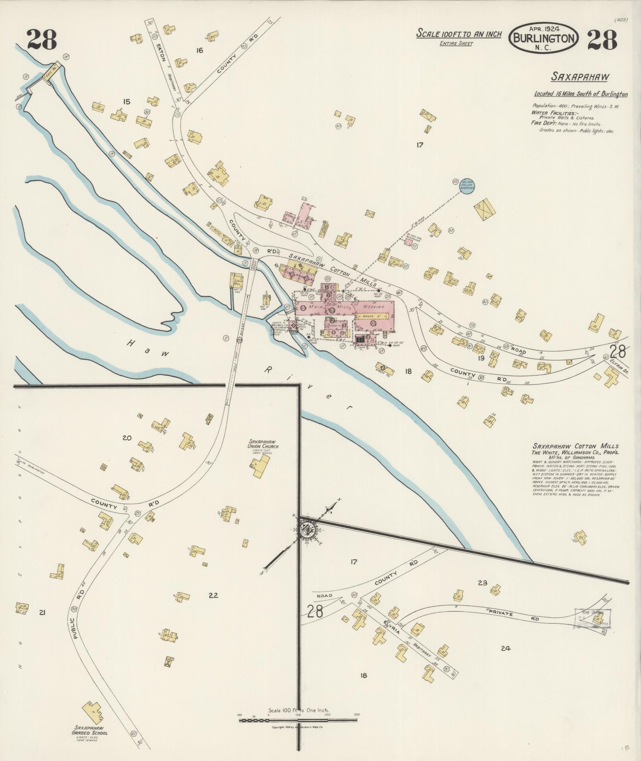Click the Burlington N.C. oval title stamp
click(x=544, y=37)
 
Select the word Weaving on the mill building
click(x=373, y=307)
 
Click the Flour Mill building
click(x=237, y=280)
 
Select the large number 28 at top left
click(x=42, y=39)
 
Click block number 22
click(x=213, y=595)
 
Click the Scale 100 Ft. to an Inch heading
click(x=459, y=34)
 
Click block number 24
click(x=505, y=648)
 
